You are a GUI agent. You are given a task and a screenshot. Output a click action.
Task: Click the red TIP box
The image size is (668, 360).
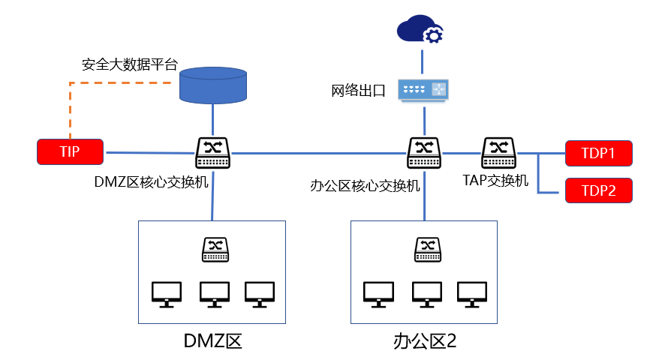click(x=70, y=151)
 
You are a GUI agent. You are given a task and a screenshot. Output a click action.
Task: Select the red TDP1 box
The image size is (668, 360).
click(x=598, y=154)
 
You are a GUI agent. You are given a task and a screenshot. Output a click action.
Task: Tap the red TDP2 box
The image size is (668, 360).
click(x=598, y=190)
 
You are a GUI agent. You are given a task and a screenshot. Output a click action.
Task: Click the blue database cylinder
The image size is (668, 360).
click(x=213, y=85)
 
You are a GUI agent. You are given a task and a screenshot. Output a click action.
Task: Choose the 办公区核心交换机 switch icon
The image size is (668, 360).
click(x=425, y=152)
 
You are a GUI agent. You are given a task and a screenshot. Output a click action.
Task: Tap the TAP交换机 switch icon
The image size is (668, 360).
click(x=498, y=152)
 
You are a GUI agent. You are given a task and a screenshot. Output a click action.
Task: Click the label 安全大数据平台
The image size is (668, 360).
click(x=129, y=64)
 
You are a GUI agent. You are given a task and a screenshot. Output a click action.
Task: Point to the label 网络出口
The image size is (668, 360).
click(x=358, y=91)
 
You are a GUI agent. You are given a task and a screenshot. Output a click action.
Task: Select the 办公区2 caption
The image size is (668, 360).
click(x=425, y=341)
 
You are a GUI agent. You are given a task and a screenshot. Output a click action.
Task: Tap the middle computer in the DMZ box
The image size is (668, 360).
click(x=214, y=294)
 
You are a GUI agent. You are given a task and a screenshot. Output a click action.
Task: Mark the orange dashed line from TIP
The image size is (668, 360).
click(x=70, y=105)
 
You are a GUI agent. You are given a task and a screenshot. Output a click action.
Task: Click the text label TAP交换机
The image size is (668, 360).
click(x=495, y=181)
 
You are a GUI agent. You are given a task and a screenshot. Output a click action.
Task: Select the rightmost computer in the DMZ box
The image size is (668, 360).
click(x=260, y=294)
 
